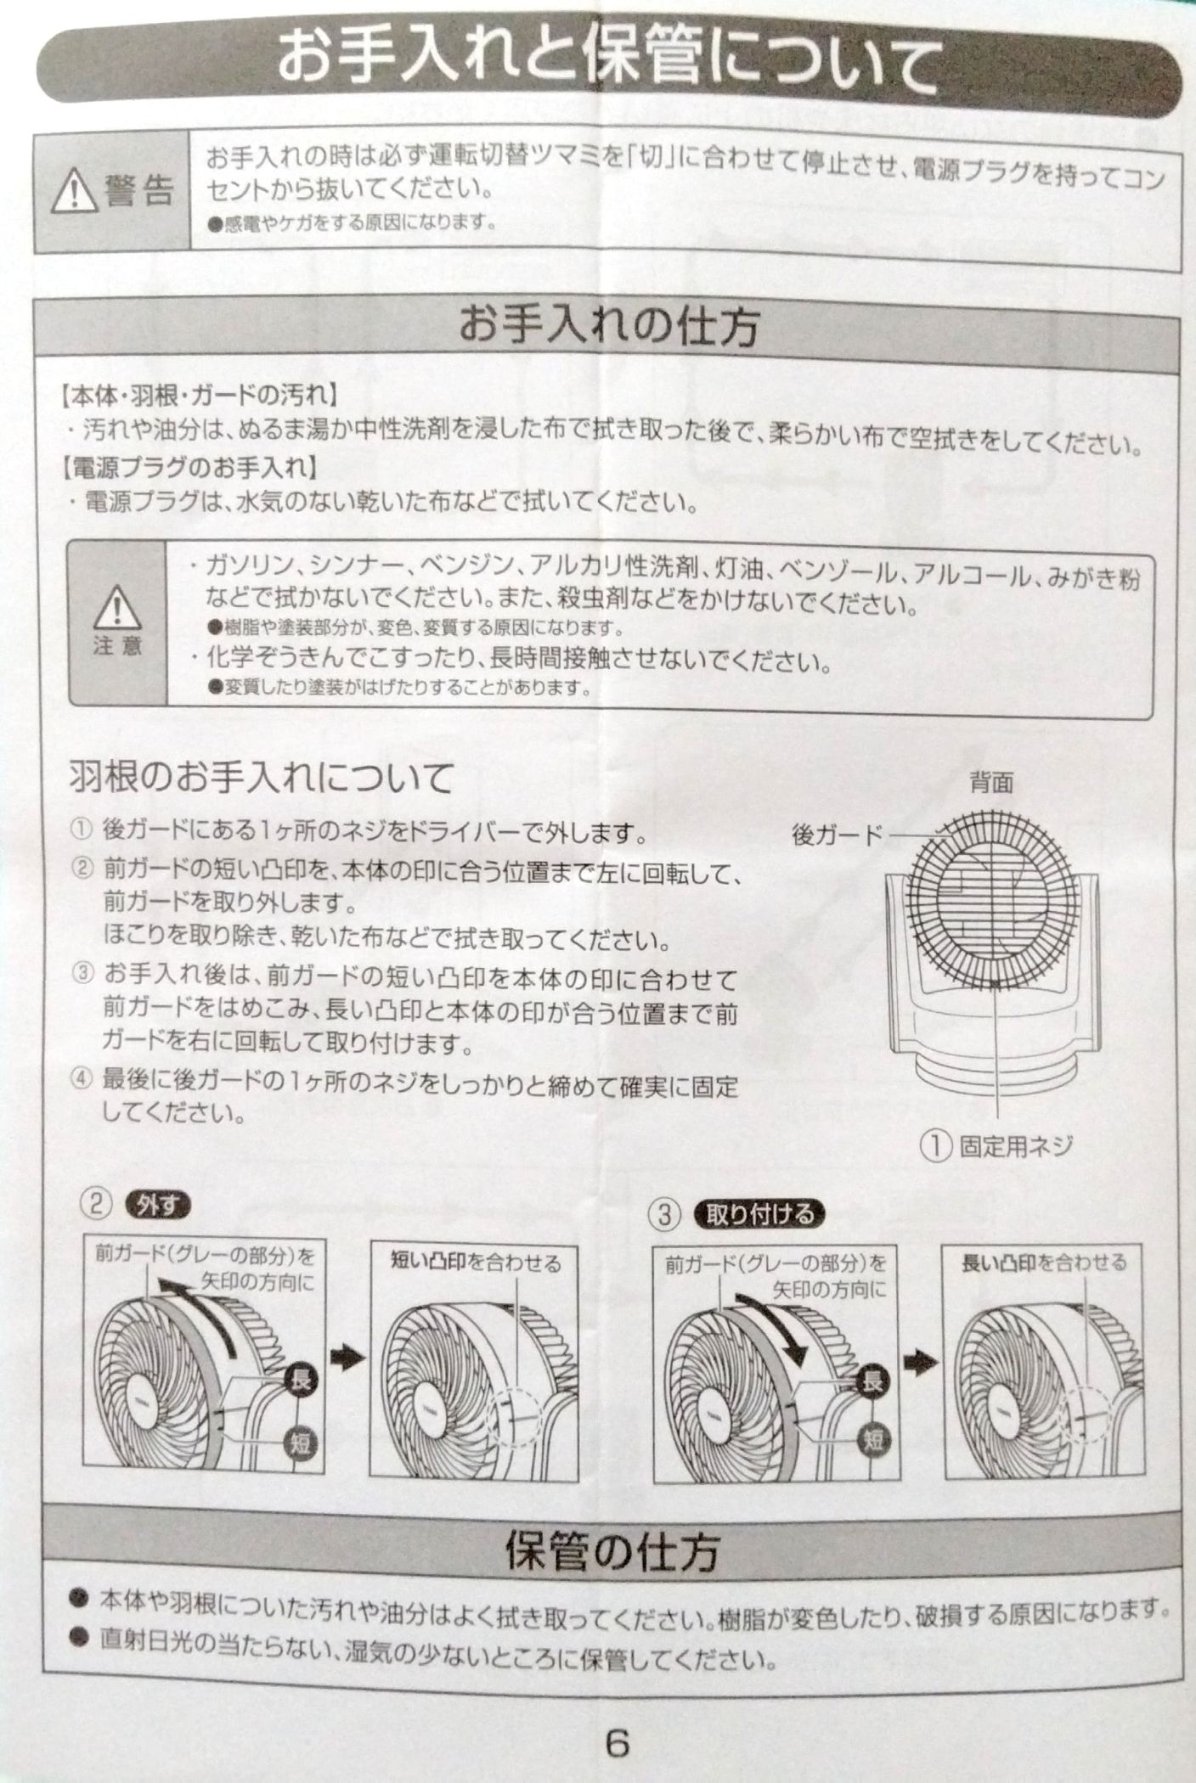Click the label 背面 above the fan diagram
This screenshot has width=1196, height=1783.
pos(992,783)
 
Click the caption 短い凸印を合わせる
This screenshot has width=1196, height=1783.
pos(476,1263)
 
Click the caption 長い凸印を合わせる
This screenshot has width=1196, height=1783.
pos(1044,1263)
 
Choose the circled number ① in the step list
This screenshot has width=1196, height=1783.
pos(82,830)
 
